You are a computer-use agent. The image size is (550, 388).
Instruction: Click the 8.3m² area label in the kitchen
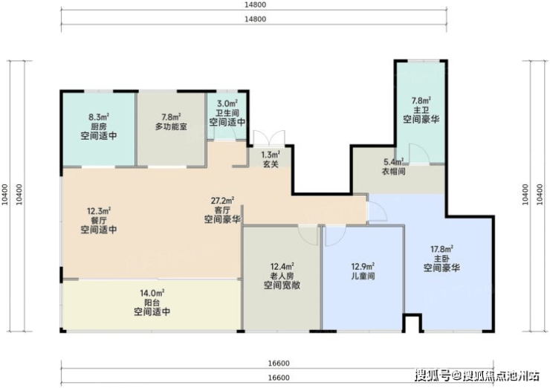pos(99,117)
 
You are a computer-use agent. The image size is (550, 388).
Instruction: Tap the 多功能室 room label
pos(171,126)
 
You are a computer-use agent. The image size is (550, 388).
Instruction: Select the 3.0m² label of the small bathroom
pos(227,103)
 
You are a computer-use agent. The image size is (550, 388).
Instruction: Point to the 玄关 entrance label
pos(271,164)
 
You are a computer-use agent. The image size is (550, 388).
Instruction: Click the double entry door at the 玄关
pos(269,138)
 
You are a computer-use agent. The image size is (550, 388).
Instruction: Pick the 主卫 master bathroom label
pos(421,110)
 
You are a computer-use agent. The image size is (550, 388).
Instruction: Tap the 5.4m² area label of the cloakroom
pos(394,162)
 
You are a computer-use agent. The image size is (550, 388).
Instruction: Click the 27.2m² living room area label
pos(222,201)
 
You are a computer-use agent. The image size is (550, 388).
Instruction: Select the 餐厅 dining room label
pos(99,221)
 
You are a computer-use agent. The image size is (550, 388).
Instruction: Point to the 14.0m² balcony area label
pos(152,293)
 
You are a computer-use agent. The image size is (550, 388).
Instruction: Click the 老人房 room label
pos(282,276)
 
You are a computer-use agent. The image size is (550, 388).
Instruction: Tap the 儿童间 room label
pos(363,276)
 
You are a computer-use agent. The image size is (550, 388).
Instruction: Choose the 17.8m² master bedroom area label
pos(441,249)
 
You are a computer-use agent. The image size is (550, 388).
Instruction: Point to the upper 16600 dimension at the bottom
pos(279,363)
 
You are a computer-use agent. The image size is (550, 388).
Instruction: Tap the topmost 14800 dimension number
pos(255,4)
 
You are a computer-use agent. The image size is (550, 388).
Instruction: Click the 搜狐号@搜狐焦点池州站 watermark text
pos(477,376)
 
